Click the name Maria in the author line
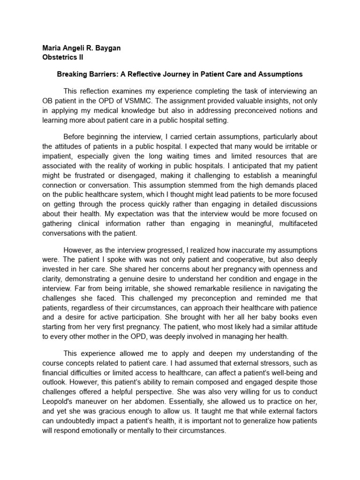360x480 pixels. tap(52, 48)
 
